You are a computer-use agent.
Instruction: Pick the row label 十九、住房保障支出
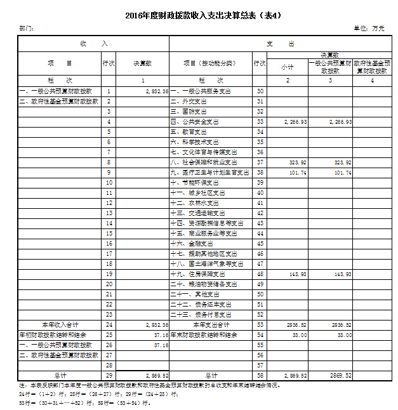[202, 274]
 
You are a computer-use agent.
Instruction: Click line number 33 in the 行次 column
[260, 121]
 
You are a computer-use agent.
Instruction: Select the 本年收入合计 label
[58, 324]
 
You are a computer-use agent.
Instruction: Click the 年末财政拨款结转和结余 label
[204, 334]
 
